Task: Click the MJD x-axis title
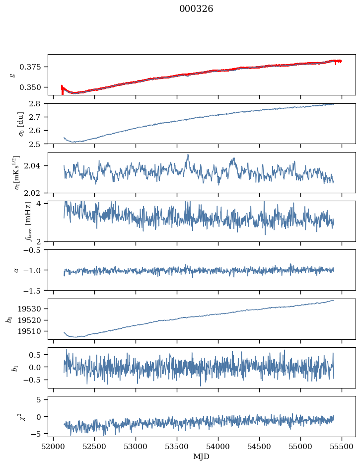[x=201, y=456]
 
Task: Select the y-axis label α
[x=16, y=270]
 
